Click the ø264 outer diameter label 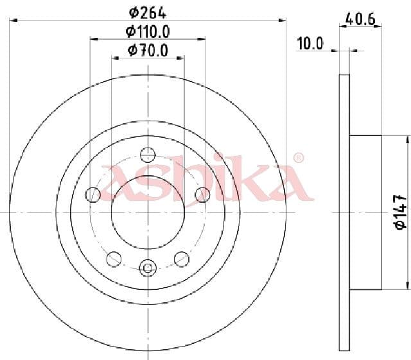click(x=148, y=11)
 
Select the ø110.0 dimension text click(x=148, y=30)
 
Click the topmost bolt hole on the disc click(x=148, y=155)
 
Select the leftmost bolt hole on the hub click(x=93, y=194)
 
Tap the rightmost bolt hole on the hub click(x=202, y=194)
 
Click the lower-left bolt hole click(x=114, y=258)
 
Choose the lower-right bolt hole click(x=182, y=258)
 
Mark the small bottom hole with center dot click(x=148, y=266)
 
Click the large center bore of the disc click(x=148, y=212)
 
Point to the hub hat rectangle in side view click(x=365, y=212)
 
